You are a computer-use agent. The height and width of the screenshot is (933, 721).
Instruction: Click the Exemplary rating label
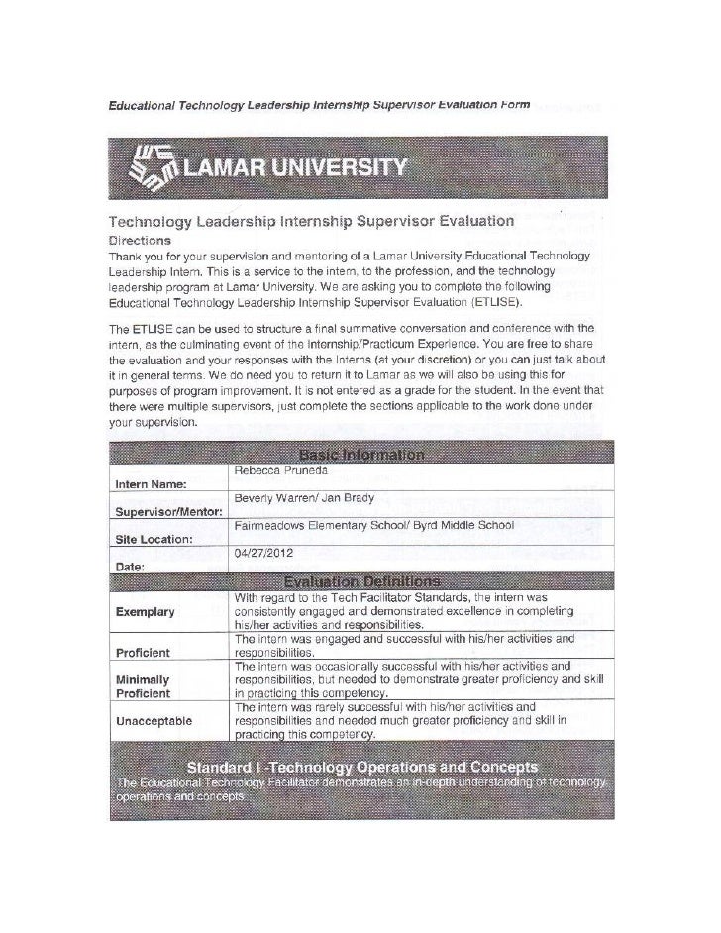coord(146,612)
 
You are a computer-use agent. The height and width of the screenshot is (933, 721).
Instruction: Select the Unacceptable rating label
coord(154,720)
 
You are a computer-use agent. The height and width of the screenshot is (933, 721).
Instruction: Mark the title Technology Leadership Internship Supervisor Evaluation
coord(309,219)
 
